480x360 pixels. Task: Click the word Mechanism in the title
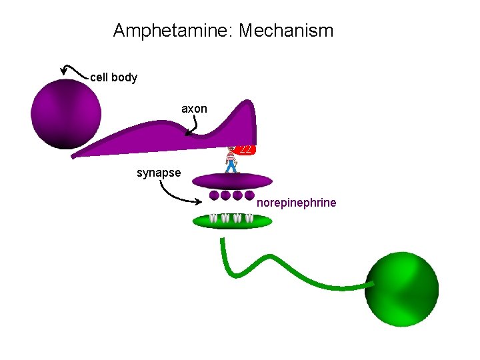[x=286, y=31]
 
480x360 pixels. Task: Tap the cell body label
[x=113, y=77]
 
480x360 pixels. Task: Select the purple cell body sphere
[x=66, y=114]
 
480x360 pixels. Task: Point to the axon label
[x=194, y=109]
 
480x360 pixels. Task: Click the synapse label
[x=159, y=173]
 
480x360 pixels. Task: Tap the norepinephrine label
[x=296, y=203]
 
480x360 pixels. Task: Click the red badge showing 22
[x=245, y=150]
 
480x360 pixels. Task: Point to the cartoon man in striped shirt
[x=232, y=160]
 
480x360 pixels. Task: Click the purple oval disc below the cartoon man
[x=232, y=181]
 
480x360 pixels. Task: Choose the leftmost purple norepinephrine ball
[x=214, y=195]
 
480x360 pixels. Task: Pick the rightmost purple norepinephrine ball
[x=249, y=195]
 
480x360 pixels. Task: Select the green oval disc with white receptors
[x=233, y=221]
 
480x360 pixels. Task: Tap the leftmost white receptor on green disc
[x=213, y=218]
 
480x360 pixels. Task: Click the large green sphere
[x=402, y=289]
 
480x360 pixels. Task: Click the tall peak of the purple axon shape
[x=247, y=101]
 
